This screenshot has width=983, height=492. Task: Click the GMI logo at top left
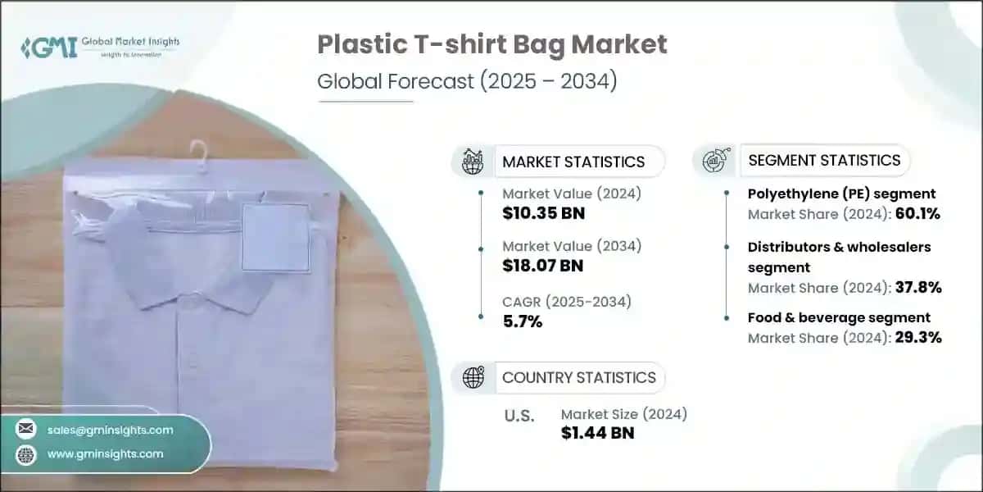point(49,47)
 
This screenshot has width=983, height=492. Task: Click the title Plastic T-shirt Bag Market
point(492,45)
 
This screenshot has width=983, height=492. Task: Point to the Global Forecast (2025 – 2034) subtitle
point(467,82)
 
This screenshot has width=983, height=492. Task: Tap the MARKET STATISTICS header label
point(573,162)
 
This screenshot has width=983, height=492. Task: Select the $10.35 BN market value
point(544,214)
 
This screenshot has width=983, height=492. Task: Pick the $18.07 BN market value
point(544,267)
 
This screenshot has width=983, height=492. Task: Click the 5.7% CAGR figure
point(523,321)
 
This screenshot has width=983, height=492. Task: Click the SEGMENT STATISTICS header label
point(824,160)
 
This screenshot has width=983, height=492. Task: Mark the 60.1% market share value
point(918,215)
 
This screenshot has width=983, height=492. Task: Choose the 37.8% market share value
point(918,287)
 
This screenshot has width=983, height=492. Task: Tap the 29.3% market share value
point(918,337)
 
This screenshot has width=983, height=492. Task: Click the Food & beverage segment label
point(839,317)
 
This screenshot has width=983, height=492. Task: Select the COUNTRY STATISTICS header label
point(578,377)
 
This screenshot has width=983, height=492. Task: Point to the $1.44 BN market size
point(597,434)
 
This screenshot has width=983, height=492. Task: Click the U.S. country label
point(518,417)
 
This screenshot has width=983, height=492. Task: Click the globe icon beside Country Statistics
point(473,377)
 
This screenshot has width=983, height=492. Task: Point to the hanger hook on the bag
point(198,153)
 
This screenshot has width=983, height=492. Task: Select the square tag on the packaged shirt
point(275,237)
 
